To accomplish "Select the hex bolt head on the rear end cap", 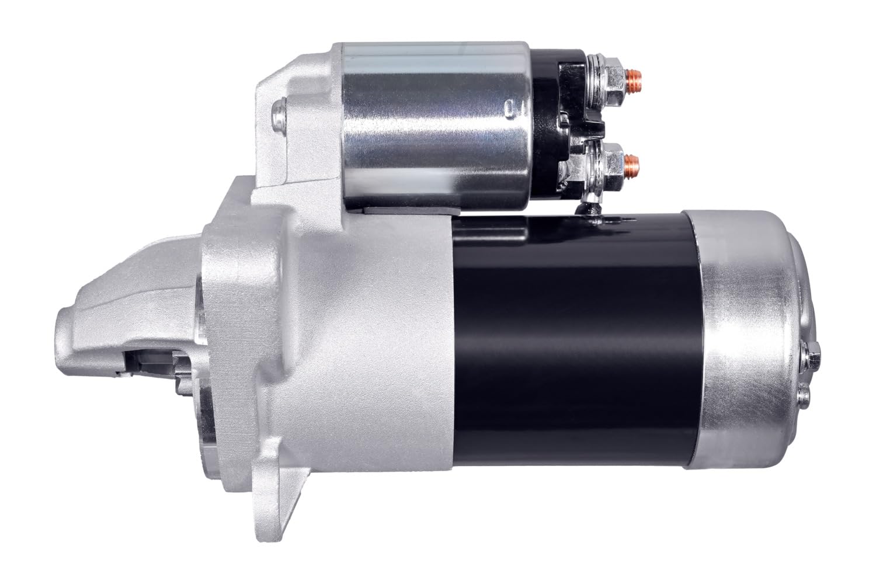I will point(811,353).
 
